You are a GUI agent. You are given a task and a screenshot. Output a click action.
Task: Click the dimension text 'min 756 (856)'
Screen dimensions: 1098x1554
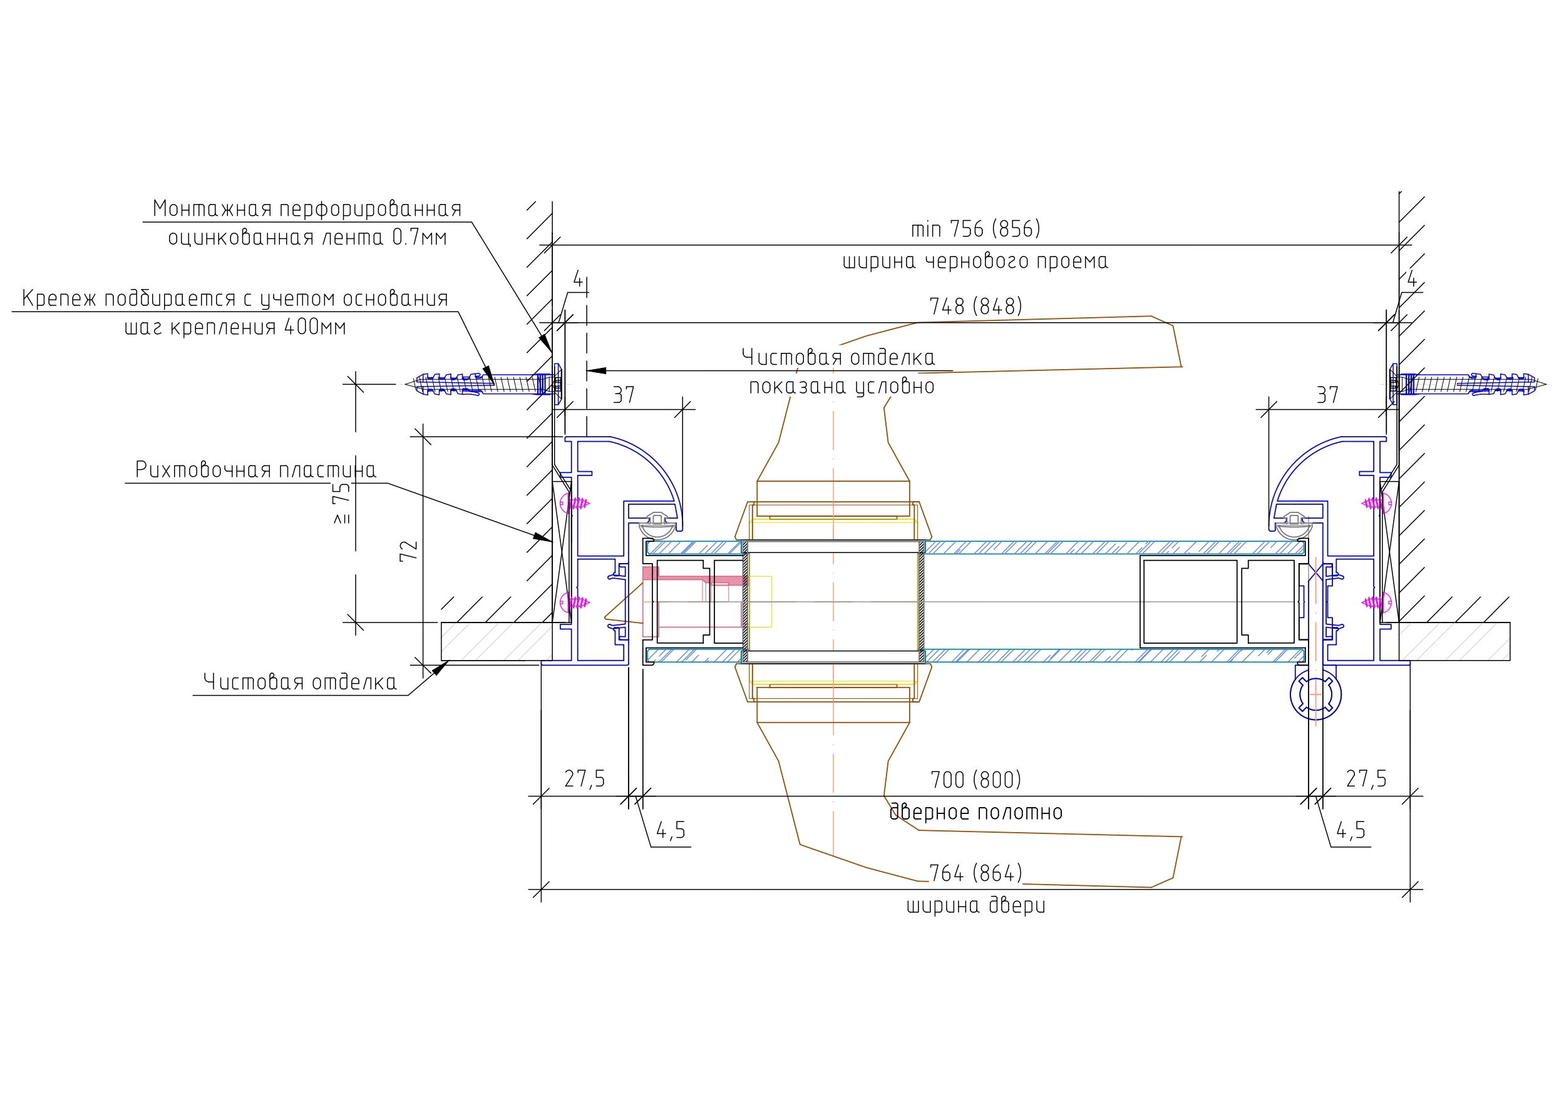pos(975,230)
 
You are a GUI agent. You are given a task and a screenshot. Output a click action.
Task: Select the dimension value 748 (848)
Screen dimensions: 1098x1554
pos(975,307)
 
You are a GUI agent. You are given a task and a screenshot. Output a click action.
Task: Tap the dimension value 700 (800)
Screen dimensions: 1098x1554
pos(975,780)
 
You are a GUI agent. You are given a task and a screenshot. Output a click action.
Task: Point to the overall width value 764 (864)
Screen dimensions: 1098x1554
pos(975,873)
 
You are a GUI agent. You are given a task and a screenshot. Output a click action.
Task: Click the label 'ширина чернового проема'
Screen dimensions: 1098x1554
pos(975,261)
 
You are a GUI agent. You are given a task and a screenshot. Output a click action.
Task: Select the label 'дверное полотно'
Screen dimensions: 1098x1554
pos(975,812)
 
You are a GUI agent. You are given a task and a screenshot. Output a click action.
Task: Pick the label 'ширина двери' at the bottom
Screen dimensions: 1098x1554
pos(975,905)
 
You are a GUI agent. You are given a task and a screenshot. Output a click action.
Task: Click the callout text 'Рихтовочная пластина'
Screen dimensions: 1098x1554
pos(255,469)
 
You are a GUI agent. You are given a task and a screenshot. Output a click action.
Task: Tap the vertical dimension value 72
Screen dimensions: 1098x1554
pos(409,551)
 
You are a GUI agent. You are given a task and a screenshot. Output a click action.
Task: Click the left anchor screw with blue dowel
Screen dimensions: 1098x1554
pos(484,384)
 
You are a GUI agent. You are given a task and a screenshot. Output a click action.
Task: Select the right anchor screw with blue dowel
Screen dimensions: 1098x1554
pos(1468,384)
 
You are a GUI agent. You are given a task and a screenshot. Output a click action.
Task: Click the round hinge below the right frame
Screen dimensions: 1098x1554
pos(1315,695)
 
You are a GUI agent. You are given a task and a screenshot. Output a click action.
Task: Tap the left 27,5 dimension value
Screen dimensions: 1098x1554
pos(585,780)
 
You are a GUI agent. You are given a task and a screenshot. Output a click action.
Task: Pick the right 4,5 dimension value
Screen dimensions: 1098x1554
pos(1351,831)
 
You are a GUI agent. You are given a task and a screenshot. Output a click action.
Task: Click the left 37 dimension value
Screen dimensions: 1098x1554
pos(624,395)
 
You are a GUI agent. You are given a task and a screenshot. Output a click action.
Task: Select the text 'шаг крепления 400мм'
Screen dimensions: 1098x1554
pos(235,327)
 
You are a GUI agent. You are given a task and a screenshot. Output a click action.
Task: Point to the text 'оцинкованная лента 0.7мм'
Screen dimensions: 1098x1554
pos(307,238)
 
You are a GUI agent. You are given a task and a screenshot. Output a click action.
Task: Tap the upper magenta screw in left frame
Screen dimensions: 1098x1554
pos(577,504)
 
